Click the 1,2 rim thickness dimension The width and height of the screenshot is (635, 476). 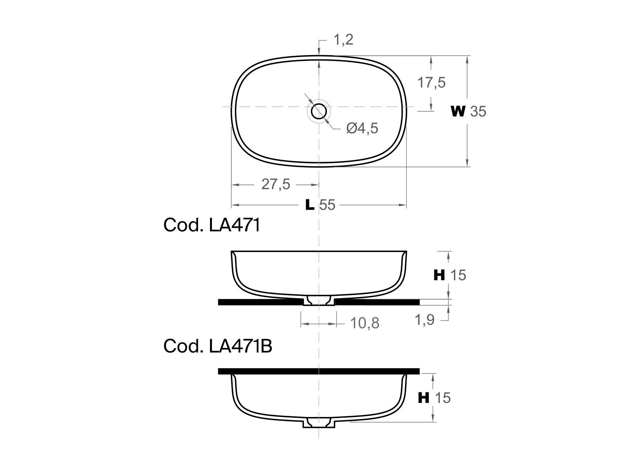click(343, 40)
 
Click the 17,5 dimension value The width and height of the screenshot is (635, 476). click(431, 83)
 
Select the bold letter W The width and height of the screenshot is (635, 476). click(458, 112)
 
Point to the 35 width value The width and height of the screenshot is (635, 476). click(478, 112)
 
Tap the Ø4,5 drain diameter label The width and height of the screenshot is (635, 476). click(362, 128)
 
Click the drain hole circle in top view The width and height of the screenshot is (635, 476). click(319, 112)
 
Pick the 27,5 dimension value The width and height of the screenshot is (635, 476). click(276, 184)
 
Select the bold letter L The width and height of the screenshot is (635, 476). click(310, 205)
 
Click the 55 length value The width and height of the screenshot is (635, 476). click(327, 205)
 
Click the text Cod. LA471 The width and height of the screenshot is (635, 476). click(212, 225)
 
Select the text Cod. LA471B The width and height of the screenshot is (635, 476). click(217, 346)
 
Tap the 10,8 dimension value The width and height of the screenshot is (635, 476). click(364, 323)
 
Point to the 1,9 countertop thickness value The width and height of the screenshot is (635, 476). click(424, 320)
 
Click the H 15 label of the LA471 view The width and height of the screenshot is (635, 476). click(450, 276)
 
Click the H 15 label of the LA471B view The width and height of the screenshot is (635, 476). click(434, 398)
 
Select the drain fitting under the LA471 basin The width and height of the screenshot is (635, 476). click(319, 301)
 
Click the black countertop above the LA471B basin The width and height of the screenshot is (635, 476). click(319, 371)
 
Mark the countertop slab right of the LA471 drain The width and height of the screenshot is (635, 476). click(377, 302)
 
